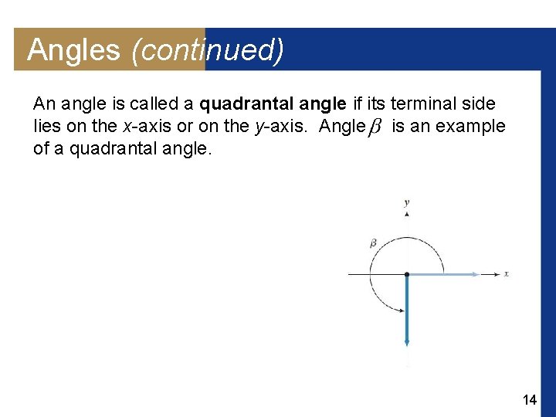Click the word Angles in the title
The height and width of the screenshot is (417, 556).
[x=73, y=50]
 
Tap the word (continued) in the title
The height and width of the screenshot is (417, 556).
[x=208, y=50]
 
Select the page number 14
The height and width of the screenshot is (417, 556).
[x=530, y=399]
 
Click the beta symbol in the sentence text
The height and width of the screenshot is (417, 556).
[x=375, y=127]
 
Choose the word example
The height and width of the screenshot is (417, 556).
[x=473, y=126]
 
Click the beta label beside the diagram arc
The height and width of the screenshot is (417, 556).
[x=373, y=243]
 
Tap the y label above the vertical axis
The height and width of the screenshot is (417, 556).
[x=407, y=203]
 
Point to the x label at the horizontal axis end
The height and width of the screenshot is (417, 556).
[x=507, y=273]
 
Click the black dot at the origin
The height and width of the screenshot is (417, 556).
[x=407, y=273]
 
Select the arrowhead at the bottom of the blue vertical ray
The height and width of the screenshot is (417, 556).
[x=407, y=344]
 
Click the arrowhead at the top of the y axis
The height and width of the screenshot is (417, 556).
[x=407, y=215]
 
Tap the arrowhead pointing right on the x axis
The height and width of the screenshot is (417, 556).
[x=494, y=273]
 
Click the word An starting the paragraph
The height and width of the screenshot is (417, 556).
[x=44, y=103]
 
